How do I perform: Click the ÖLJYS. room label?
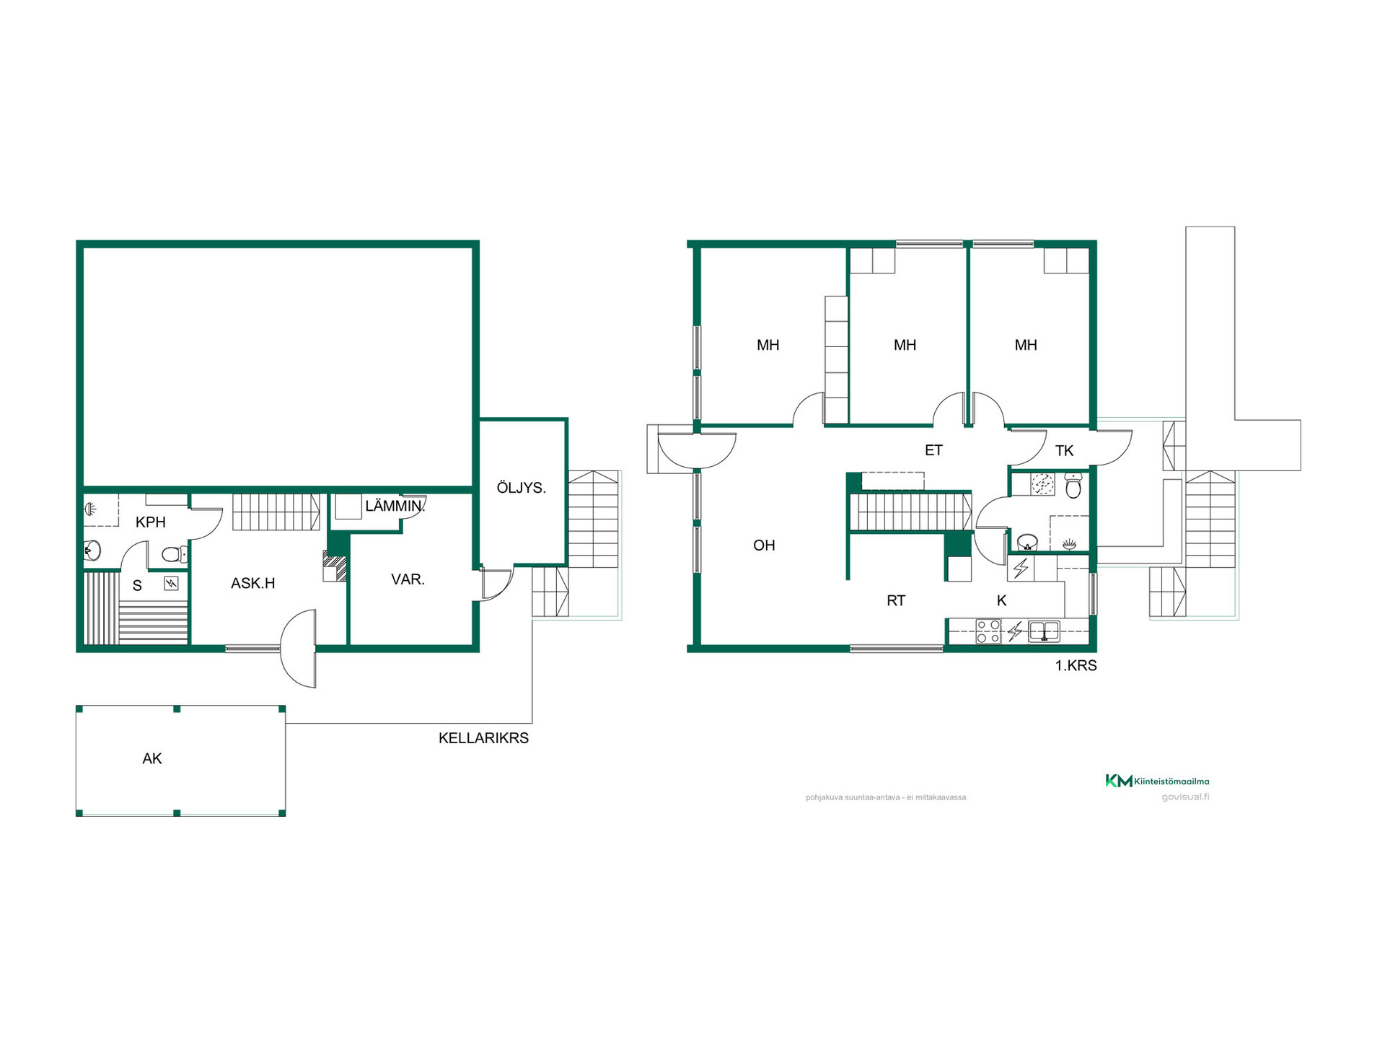521,488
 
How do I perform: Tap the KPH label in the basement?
151,522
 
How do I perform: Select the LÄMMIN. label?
395,506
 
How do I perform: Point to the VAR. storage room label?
408,579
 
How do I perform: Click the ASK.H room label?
252,583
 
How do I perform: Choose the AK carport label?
152,758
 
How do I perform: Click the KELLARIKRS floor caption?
483,738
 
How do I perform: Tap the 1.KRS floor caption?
1076,666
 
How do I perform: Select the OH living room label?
764,545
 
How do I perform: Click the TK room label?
1064,451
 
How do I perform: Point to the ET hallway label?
933,450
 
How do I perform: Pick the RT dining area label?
896,600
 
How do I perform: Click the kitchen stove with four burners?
988,631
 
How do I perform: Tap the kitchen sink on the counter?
1044,631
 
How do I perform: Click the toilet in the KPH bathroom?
174,554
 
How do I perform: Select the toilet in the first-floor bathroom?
1073,486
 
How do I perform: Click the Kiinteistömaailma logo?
1157,781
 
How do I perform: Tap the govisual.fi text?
1185,797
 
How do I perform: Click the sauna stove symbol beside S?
171,583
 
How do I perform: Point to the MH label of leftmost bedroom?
768,345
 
